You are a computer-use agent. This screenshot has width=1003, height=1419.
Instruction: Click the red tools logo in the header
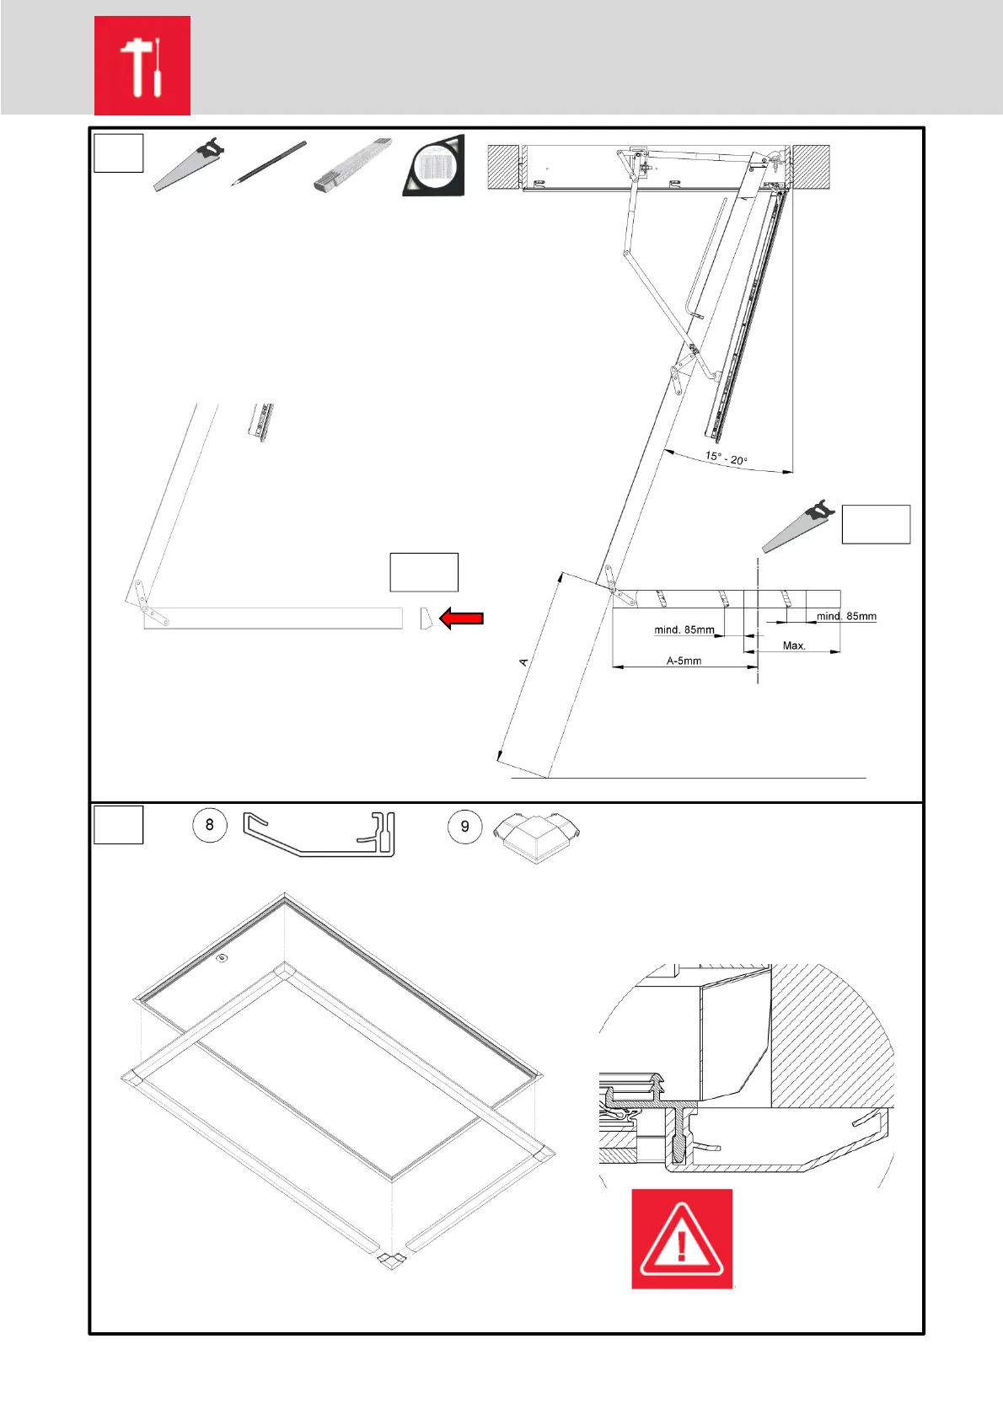[142, 66]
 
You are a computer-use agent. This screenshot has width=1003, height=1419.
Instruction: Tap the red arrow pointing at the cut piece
[461, 618]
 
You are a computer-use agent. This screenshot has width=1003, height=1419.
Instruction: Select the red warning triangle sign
[682, 1239]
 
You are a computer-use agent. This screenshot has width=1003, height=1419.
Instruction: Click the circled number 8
[210, 825]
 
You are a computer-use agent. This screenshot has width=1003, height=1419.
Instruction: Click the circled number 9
[464, 827]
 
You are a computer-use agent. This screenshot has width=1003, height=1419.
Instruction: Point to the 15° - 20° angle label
[726, 458]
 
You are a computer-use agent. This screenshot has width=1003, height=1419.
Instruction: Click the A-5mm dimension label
[684, 661]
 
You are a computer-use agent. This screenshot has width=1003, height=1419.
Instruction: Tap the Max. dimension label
[794, 645]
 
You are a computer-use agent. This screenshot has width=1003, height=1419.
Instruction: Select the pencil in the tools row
[269, 163]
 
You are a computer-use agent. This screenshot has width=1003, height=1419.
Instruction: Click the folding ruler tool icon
[352, 164]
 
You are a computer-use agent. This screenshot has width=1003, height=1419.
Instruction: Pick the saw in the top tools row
[188, 163]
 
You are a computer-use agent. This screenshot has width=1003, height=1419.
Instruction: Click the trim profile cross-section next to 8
[319, 834]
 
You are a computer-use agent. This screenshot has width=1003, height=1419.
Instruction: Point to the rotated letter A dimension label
[523, 662]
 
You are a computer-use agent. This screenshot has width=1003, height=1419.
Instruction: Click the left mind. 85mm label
[684, 629]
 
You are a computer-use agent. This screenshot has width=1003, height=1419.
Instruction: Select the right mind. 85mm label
[845, 616]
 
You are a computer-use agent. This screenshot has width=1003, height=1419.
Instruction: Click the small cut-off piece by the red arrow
[426, 618]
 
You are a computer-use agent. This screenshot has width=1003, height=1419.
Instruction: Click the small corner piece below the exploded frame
[391, 1260]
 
